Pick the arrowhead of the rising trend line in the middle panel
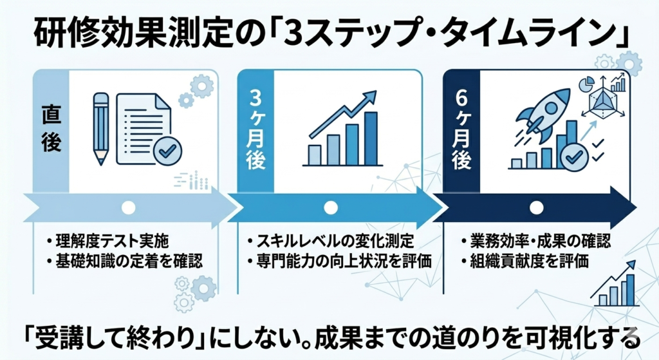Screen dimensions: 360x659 pos(370,96)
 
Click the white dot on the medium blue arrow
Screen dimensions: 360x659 pos(330,207)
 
